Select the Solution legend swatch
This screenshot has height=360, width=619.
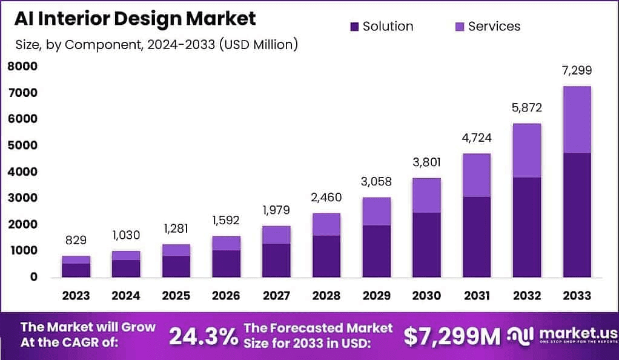pyautogui.click(x=354, y=27)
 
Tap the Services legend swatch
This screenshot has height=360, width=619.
pyautogui.click(x=460, y=27)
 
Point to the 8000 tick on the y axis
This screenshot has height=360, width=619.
pyautogui.click(x=22, y=67)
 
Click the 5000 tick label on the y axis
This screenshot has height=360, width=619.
pyautogui.click(x=22, y=145)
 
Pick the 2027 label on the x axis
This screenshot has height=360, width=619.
pyautogui.click(x=276, y=296)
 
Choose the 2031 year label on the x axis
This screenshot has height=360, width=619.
pyautogui.click(x=477, y=296)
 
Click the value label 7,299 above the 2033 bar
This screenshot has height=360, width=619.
pyautogui.click(x=577, y=70)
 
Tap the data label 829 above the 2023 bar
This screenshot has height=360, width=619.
pyautogui.click(x=76, y=241)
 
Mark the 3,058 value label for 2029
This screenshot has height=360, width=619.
pyautogui.click(x=377, y=182)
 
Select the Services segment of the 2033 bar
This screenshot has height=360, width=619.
pyautogui.click(x=577, y=119)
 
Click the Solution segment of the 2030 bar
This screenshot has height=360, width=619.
pyautogui.click(x=426, y=244)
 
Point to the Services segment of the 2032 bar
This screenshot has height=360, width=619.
pyautogui.click(x=526, y=150)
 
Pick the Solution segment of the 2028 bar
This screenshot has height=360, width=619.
pyautogui.click(x=326, y=256)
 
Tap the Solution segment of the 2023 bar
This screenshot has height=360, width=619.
pyautogui.click(x=76, y=270)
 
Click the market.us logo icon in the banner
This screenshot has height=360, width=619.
pyautogui.click(x=518, y=335)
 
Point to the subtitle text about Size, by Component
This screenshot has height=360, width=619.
pyautogui.click(x=156, y=45)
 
